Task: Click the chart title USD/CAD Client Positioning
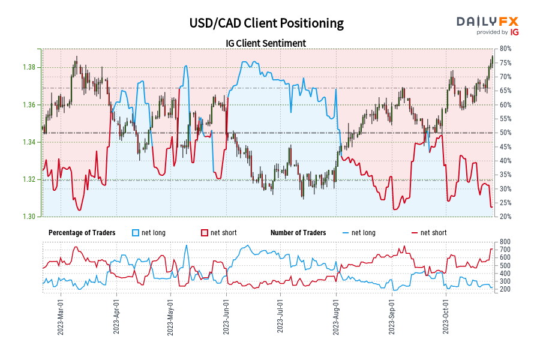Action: (x=266, y=23)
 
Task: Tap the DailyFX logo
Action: (x=487, y=25)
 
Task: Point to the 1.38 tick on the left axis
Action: (x=30, y=67)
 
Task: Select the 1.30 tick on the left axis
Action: (x=30, y=217)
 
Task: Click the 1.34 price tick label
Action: (x=30, y=142)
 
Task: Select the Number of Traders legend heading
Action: (x=298, y=233)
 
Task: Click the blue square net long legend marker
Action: (x=136, y=233)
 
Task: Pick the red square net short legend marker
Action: (x=205, y=233)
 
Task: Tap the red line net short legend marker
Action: (x=415, y=233)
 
